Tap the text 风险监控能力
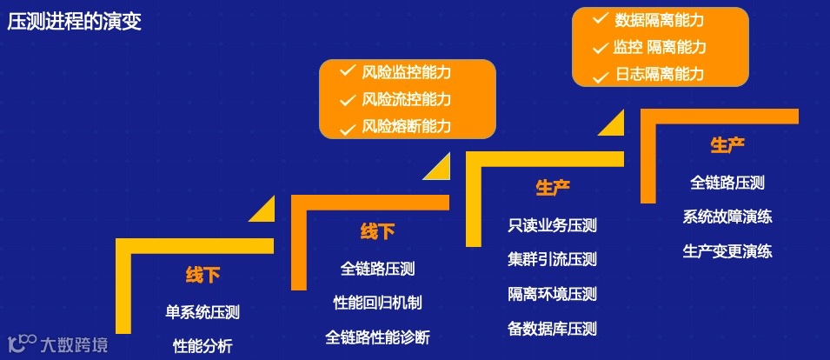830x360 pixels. tap(407, 72)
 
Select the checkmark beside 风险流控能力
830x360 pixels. tap(347, 99)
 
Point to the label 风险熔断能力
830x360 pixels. tap(407, 127)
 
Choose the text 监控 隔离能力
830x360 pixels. tap(660, 47)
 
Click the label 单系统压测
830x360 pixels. tap(203, 311)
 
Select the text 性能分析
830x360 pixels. tap(203, 345)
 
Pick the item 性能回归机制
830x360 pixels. tap(377, 303)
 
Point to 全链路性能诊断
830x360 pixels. tap(377, 337)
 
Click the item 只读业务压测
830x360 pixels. tap(553, 225)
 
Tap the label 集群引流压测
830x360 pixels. tap(553, 259)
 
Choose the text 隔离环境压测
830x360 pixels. tap(553, 294)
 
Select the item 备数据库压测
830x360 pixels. tap(553, 329)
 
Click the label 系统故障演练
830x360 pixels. tap(727, 217)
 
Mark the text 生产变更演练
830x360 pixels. tap(727, 251)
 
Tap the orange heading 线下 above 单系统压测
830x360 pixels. tap(203, 276)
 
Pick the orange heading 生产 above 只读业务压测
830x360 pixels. tap(553, 188)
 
